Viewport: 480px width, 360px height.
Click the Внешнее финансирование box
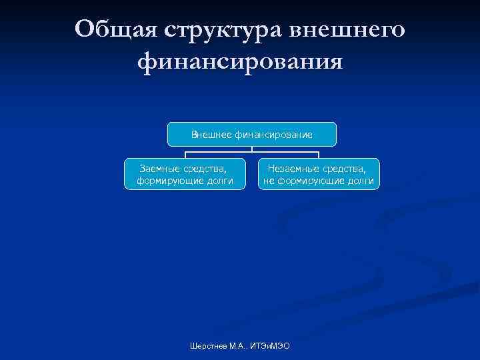[252, 135]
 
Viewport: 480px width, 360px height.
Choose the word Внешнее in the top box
[211, 135]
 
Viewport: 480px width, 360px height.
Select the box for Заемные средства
[185, 174]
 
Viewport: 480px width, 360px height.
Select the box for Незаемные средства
[319, 174]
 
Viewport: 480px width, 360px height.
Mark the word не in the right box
[269, 180]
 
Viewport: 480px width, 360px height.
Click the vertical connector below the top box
[252, 149]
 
